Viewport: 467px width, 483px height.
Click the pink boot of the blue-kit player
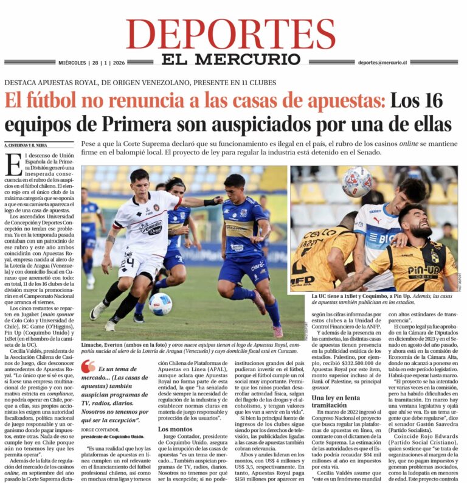[277, 330]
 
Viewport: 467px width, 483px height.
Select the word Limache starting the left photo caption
[93, 344]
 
